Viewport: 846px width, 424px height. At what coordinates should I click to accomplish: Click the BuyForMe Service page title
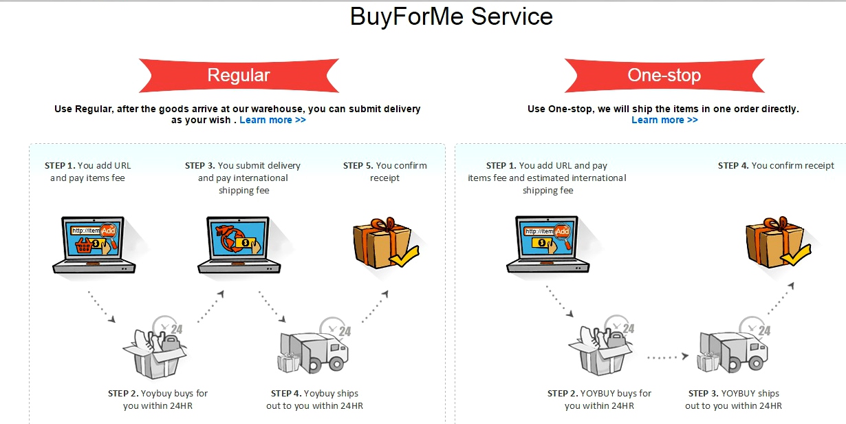[451, 16]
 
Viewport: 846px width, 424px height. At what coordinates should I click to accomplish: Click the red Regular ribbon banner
[239, 75]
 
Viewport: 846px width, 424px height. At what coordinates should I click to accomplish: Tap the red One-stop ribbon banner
[664, 75]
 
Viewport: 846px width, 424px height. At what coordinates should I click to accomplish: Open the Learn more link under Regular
[272, 120]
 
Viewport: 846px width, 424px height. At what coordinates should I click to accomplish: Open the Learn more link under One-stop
[664, 120]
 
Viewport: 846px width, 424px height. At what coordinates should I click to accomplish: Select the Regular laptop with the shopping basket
[94, 244]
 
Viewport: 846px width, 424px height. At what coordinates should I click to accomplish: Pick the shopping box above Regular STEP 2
[155, 351]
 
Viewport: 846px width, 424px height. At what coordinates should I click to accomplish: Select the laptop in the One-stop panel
[547, 244]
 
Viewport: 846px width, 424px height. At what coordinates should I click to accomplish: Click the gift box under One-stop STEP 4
[775, 242]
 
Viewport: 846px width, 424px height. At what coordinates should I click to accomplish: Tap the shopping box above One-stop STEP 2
[600, 351]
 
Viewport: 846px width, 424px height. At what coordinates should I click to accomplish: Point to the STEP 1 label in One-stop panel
[501, 165]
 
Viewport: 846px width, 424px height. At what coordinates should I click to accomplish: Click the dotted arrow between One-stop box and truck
[667, 357]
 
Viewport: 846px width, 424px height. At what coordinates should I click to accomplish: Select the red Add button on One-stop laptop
[562, 231]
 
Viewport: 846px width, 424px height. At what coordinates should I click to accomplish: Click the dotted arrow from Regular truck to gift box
[376, 307]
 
